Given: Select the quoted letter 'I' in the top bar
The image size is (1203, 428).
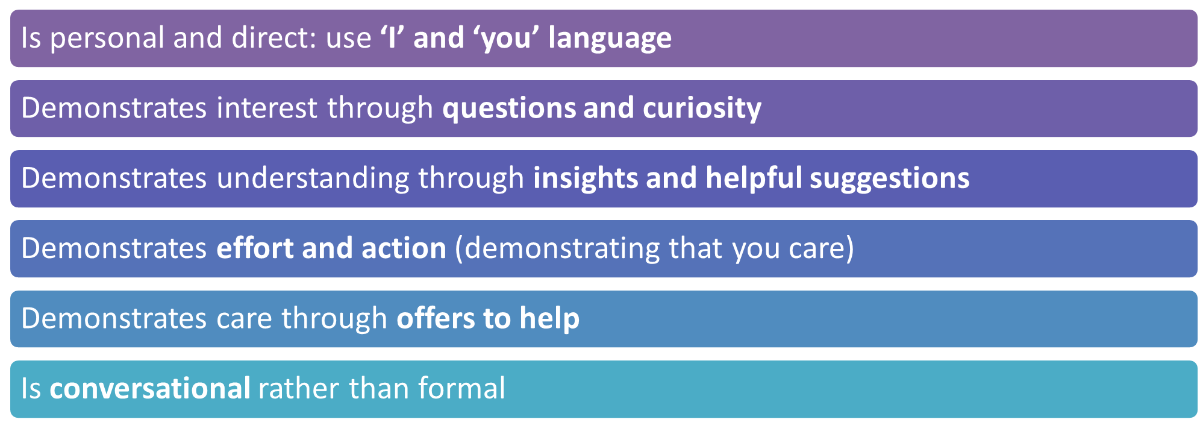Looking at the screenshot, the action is pyautogui.click(x=392, y=37).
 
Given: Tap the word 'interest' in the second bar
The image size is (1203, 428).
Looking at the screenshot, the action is pyautogui.click(x=267, y=108).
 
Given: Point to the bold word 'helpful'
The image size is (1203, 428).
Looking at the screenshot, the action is pyautogui.click(x=754, y=178).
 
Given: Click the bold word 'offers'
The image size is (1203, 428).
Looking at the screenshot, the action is pyautogui.click(x=436, y=318).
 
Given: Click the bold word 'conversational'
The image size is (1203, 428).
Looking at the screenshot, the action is pyautogui.click(x=150, y=389).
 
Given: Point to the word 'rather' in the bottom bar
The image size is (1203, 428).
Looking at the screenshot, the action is pyautogui.click(x=299, y=389).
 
